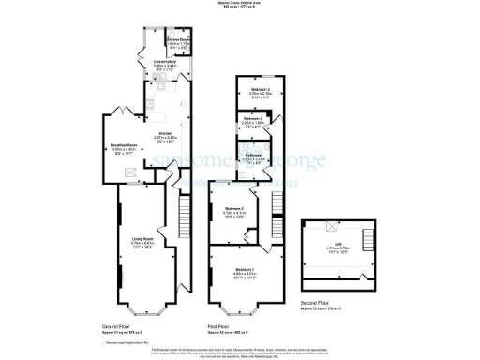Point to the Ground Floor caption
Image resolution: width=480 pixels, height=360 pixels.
coord(116,326)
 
